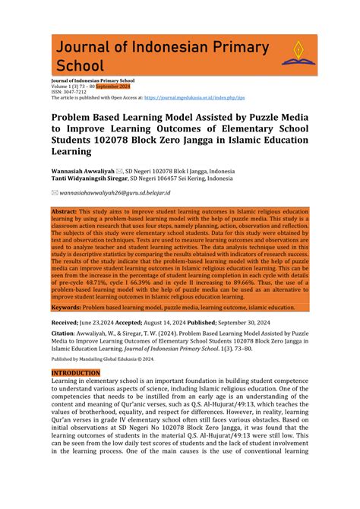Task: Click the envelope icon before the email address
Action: (54, 194)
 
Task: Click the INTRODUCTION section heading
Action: (75, 373)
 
